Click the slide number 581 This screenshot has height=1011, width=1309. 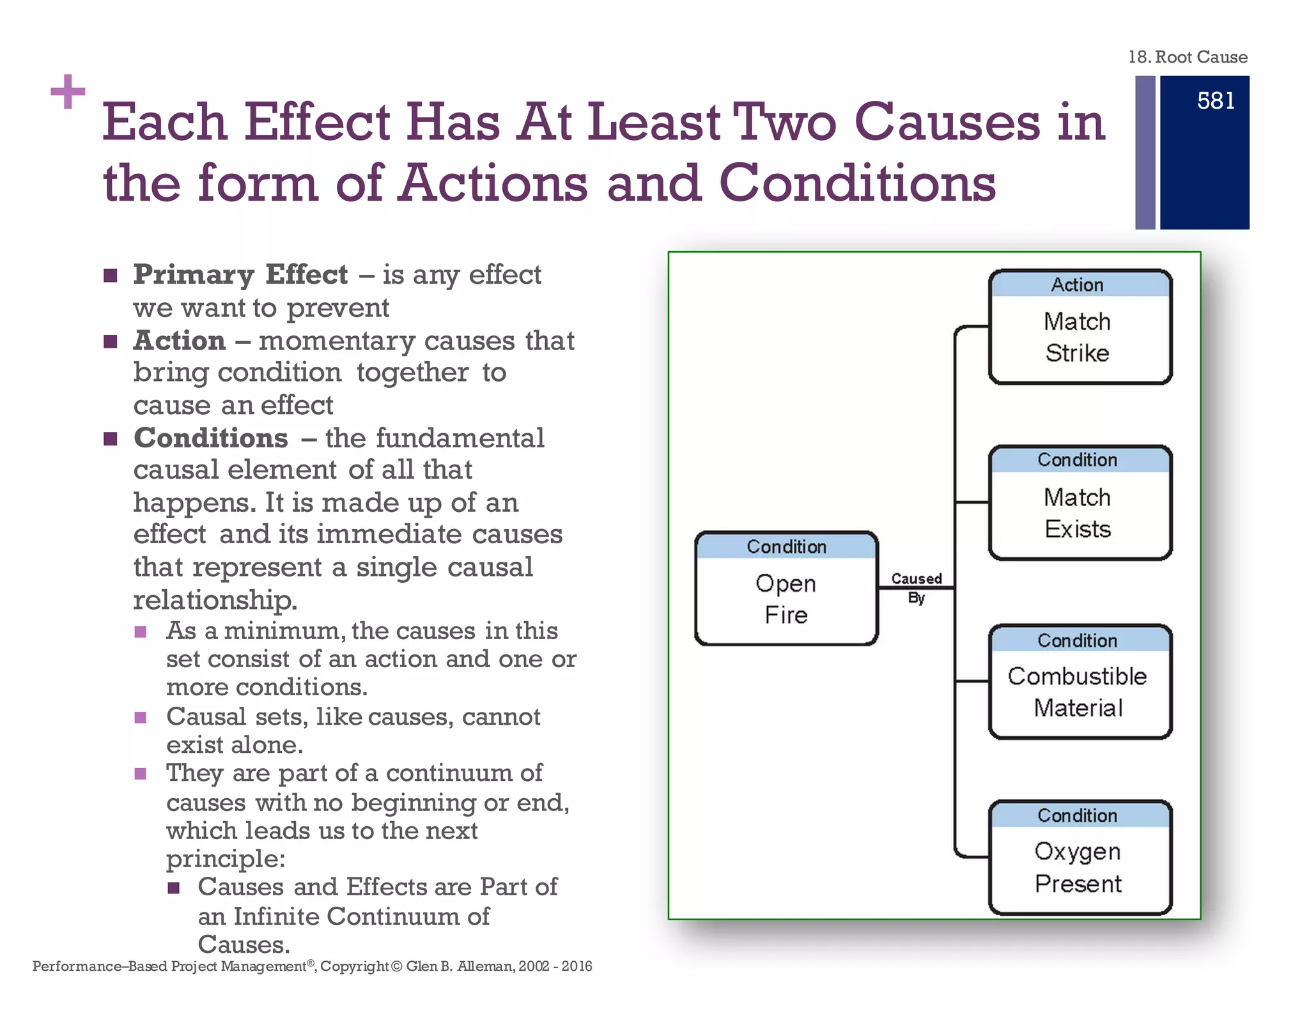pos(1215,101)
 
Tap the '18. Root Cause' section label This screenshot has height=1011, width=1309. pos(1188,57)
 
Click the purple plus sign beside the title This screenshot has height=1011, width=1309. pos(68,92)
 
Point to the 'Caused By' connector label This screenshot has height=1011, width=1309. pos(916,587)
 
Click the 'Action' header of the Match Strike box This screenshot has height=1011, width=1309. pos(1078,284)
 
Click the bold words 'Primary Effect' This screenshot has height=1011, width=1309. pos(240,274)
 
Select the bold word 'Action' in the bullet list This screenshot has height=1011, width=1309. pos(180,340)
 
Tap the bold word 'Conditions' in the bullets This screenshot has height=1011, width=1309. pos(211,438)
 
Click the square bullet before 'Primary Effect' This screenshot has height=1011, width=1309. pos(111,275)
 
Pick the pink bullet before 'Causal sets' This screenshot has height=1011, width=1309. pos(141,718)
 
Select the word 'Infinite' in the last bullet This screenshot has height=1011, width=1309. pos(276,916)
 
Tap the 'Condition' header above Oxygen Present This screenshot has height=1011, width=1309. pos(1078,815)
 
